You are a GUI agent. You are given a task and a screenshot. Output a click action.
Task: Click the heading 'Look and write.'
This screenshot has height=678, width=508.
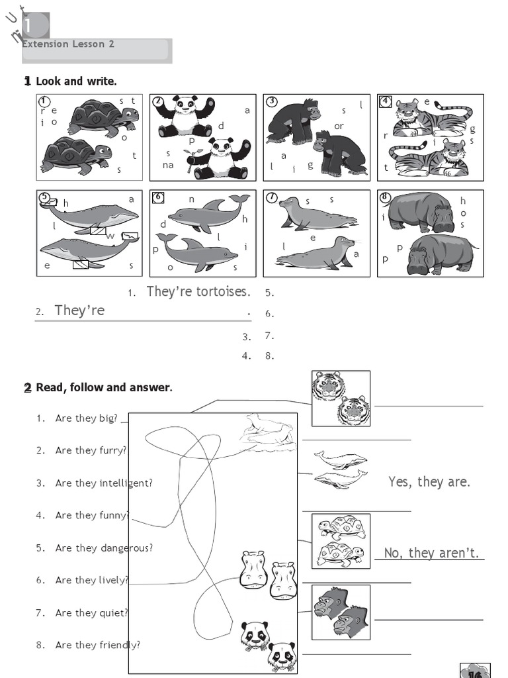click(x=75, y=81)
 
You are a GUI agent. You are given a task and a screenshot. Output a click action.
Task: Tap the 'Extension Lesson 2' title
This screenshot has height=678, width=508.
click(x=68, y=44)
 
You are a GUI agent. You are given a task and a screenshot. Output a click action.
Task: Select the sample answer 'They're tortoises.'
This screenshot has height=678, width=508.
click(x=198, y=291)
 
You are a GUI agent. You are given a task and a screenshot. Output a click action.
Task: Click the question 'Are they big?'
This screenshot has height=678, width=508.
click(x=86, y=418)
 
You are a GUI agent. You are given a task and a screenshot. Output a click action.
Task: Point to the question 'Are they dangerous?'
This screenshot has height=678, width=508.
click(x=104, y=548)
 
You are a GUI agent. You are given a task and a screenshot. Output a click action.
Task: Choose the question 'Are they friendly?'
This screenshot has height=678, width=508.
click(x=97, y=645)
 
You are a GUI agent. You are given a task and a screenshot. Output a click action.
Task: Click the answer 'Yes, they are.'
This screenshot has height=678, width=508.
click(x=429, y=482)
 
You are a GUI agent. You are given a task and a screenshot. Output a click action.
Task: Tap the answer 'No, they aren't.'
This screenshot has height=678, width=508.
click(x=431, y=553)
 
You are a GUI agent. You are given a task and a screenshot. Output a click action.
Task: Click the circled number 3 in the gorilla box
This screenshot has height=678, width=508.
click(x=272, y=101)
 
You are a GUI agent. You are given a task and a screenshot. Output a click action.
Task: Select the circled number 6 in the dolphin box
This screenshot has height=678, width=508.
click(x=157, y=197)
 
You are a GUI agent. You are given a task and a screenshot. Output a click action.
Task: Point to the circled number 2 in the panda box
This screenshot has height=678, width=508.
click(x=158, y=101)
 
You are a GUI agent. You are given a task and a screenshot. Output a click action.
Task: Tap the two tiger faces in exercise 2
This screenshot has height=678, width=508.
click(x=341, y=398)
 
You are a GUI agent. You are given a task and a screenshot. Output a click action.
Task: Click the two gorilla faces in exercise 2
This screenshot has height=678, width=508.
click(x=341, y=612)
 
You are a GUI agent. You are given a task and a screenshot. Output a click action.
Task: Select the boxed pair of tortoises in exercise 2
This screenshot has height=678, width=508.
click(x=341, y=541)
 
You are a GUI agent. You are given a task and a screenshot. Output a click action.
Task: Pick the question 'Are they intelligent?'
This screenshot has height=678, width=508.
click(x=104, y=483)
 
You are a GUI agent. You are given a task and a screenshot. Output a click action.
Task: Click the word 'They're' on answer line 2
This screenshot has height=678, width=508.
click(x=79, y=311)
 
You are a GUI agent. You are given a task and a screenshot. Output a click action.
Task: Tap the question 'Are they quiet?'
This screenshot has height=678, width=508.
click(x=91, y=612)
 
